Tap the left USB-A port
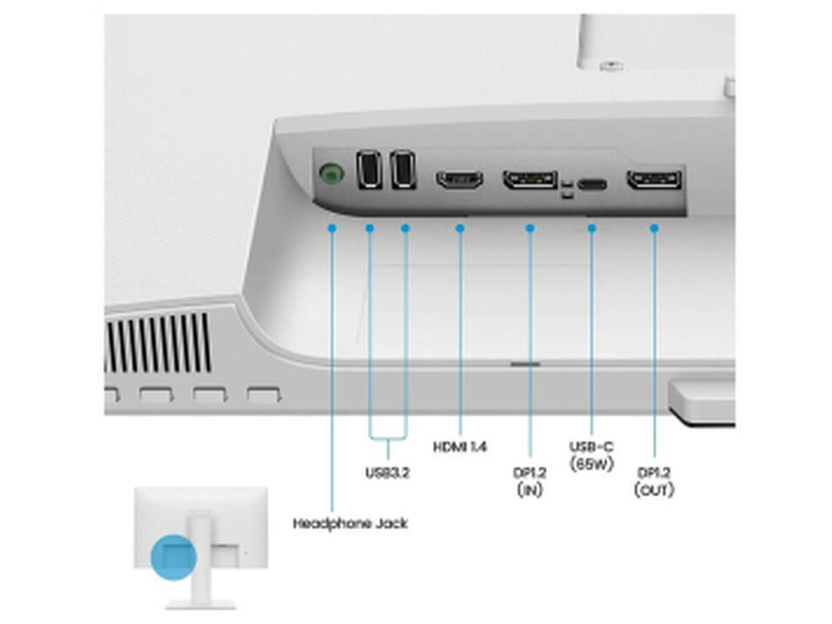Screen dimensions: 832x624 [369, 169]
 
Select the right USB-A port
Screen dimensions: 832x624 [403, 169]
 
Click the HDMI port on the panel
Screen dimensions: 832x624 [460, 180]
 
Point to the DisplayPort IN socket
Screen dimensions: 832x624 [530, 180]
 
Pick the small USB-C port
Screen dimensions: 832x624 [591, 185]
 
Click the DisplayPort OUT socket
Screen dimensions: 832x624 [654, 180]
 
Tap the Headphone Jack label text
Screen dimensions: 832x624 [350, 523]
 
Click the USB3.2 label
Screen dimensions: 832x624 [388, 473]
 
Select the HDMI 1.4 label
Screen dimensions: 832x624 [460, 447]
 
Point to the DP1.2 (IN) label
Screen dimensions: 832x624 [530, 481]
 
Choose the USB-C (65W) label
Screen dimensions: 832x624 [591, 456]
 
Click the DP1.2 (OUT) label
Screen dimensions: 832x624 [654, 481]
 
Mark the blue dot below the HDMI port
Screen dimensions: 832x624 [460, 228]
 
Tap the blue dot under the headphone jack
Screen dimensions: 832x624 [332, 228]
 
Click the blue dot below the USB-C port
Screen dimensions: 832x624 [591, 228]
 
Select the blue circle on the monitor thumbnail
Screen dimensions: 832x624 [173, 557]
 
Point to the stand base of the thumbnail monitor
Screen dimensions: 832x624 [200, 605]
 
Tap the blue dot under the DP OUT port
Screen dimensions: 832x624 [655, 228]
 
